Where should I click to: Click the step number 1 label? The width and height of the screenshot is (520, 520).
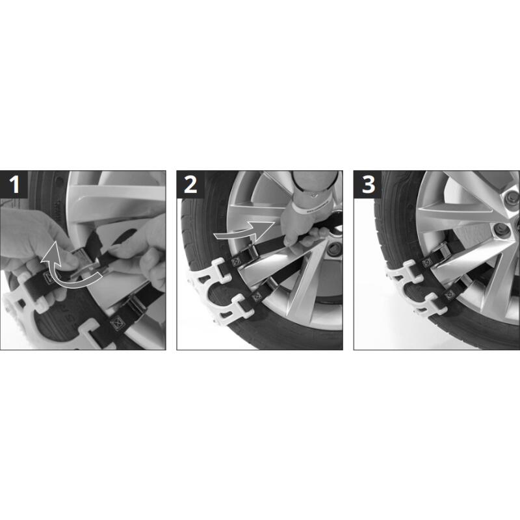(14, 185)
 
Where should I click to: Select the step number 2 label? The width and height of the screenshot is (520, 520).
(190, 185)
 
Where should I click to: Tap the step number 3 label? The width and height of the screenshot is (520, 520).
(368, 185)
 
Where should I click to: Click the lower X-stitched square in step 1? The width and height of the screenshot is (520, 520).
(117, 322)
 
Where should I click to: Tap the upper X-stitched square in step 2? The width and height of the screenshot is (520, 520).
(235, 263)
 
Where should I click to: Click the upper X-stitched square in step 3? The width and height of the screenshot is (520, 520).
(427, 263)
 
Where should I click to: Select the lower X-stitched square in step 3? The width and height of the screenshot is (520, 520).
(450, 295)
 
